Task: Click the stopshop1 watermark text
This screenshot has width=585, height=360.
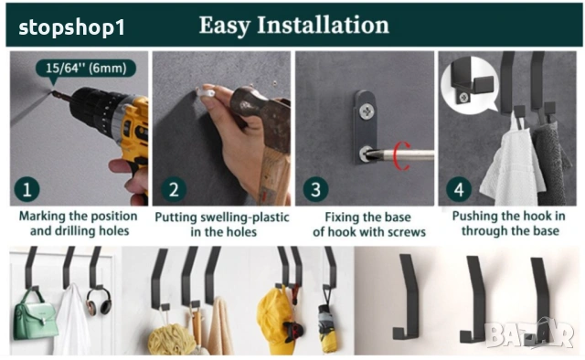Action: point(71,27)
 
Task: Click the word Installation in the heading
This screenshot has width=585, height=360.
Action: point(323,25)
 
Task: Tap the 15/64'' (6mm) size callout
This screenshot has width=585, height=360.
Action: point(86,69)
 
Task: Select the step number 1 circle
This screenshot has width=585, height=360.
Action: point(27,189)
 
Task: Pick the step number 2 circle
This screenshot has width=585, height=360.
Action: point(174,189)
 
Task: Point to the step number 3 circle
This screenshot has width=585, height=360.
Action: point(315,189)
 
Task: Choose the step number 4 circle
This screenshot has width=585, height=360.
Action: point(459,189)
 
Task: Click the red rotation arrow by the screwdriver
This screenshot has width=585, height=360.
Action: point(403,155)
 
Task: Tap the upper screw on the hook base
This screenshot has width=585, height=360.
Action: point(367,111)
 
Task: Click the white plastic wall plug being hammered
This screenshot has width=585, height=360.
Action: point(206,92)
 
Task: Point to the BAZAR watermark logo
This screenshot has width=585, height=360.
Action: point(529,333)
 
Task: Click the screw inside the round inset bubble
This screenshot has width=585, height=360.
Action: point(464,98)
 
